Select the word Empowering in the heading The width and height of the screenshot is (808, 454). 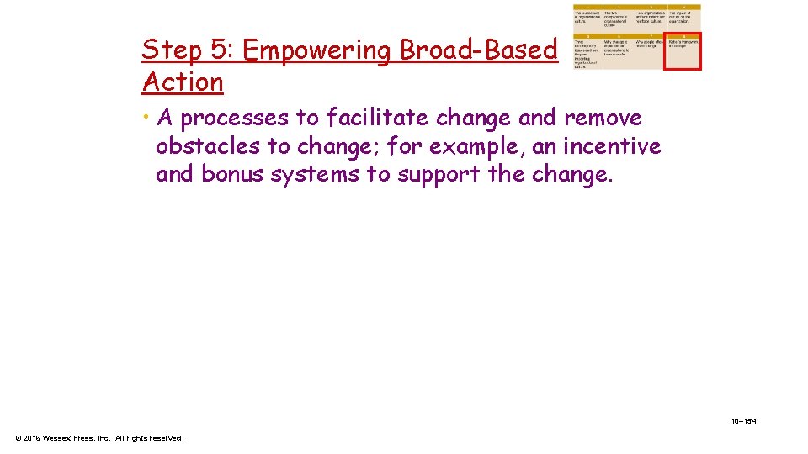point(316,50)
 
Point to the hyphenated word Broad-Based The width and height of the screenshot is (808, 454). point(478,50)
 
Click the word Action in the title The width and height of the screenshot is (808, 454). point(183,82)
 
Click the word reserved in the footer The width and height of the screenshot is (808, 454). point(165,438)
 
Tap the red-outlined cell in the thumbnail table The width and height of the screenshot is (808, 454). point(683,52)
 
